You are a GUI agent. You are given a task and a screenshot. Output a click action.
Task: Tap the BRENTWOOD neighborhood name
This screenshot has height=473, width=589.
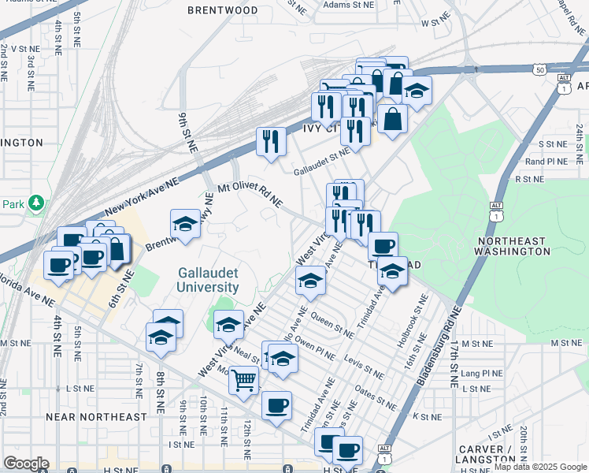point(223,10)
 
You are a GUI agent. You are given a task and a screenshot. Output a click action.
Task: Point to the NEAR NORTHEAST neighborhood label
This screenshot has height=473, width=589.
point(96,416)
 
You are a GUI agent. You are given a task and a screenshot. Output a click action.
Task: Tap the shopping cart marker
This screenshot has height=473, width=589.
point(244,381)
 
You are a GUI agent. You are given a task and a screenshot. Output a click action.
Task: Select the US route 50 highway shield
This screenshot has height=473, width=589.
point(539,70)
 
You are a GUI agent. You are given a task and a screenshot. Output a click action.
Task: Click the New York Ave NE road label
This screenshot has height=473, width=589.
point(142,197)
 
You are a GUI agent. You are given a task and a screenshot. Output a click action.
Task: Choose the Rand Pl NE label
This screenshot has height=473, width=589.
point(546,162)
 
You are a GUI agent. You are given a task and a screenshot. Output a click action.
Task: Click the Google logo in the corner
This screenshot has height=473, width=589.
point(26,464)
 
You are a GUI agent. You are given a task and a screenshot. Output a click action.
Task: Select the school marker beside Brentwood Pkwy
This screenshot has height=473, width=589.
point(185,225)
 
